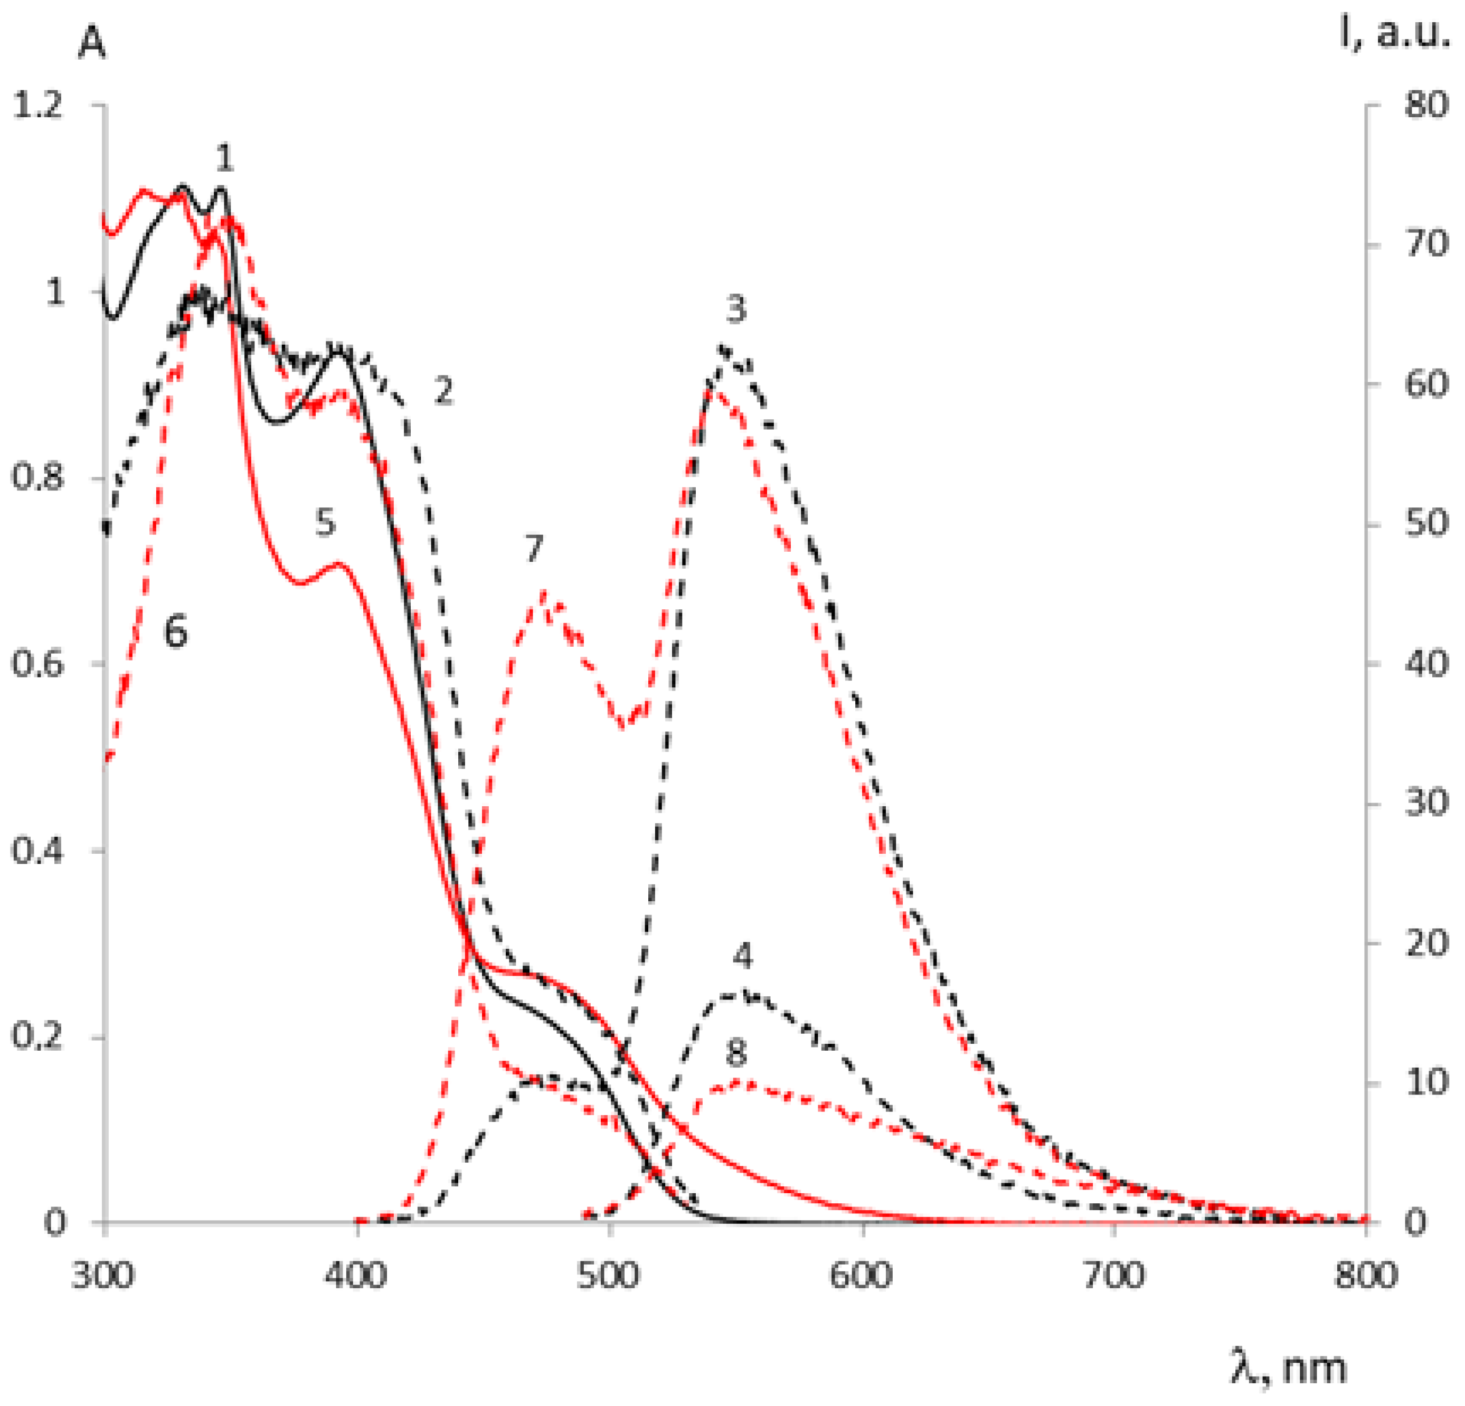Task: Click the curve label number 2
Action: (x=444, y=391)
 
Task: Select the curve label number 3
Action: (x=736, y=309)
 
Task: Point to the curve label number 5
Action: (x=324, y=523)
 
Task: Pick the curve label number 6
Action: (x=176, y=633)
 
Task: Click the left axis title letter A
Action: (x=92, y=45)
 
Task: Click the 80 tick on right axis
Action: (x=1426, y=106)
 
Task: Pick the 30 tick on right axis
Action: (x=1426, y=804)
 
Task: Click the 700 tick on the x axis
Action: (x=1114, y=1275)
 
